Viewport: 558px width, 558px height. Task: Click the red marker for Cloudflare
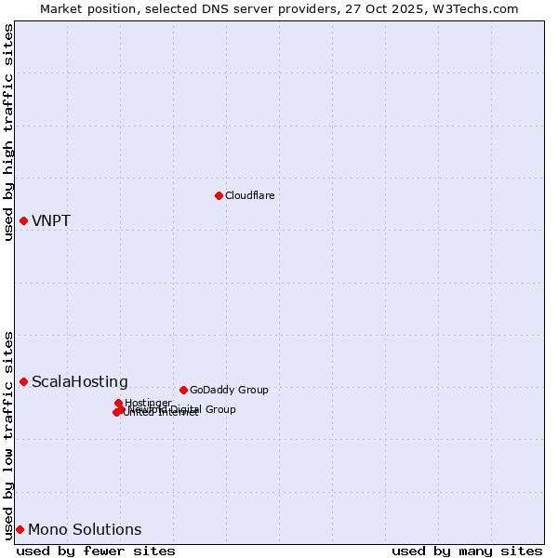point(219,195)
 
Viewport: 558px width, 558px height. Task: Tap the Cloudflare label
point(249,195)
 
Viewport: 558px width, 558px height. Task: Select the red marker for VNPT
point(23,220)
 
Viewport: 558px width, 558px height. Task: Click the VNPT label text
point(51,221)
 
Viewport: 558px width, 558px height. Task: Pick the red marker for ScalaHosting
point(23,381)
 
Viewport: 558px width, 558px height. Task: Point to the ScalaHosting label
point(80,382)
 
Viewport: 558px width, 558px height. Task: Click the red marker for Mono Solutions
point(20,529)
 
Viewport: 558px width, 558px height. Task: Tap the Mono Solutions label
point(85,530)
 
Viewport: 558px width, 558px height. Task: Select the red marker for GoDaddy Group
point(183,390)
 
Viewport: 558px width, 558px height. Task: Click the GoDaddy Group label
point(229,390)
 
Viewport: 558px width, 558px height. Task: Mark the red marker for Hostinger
point(119,403)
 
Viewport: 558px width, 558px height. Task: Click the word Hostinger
point(148,403)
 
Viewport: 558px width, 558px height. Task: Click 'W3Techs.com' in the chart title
point(479,8)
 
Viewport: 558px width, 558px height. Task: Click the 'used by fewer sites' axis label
point(96,551)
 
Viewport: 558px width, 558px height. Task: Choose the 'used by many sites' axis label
point(467,551)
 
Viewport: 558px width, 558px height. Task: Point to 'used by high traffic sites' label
point(9,132)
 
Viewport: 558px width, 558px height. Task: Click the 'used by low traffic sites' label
point(9,434)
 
